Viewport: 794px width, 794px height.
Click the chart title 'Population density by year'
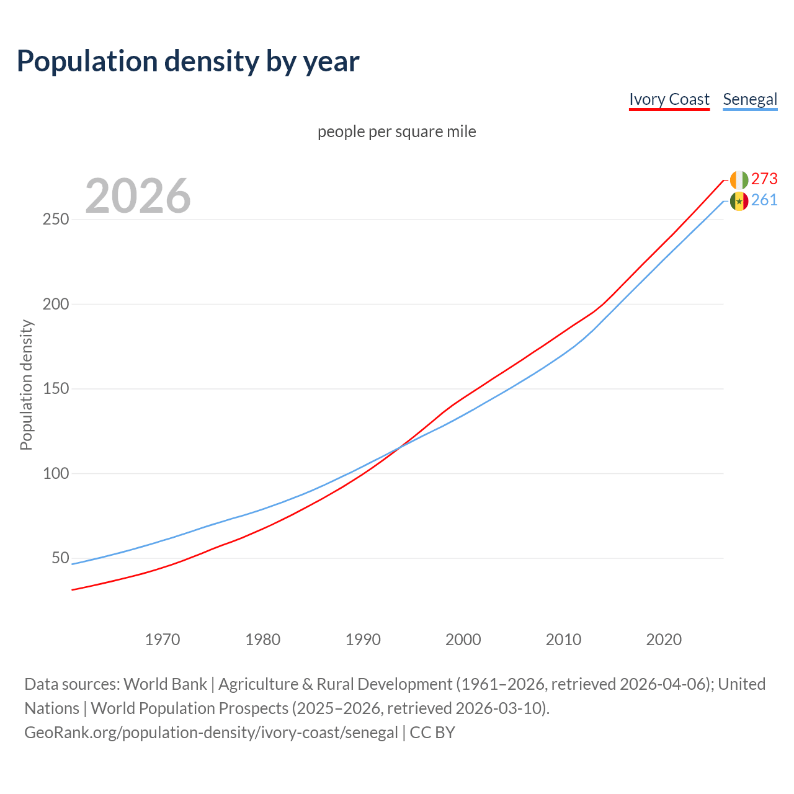pos(188,61)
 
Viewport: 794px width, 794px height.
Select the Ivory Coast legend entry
pos(669,99)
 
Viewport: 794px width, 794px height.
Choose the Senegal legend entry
pos(750,99)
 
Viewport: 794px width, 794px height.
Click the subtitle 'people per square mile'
pos(396,132)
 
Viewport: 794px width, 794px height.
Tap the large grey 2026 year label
pos(138,196)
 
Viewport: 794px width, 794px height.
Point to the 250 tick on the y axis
pos(56,220)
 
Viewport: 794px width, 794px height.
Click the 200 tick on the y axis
pos(56,305)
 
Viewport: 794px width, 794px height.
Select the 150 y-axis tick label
pos(56,389)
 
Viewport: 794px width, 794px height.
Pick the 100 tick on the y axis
pos(56,474)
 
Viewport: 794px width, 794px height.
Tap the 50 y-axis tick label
pos(60,558)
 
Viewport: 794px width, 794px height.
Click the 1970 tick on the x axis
pos(163,640)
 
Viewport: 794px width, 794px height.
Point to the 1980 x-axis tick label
pos(263,640)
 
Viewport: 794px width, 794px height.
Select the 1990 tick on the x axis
pos(363,640)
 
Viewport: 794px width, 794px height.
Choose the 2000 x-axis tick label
pos(463,640)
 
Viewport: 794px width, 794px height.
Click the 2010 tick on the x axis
pos(563,640)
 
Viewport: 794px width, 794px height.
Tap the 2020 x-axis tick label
pos(664,640)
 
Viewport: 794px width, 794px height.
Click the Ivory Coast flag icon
pos(739,180)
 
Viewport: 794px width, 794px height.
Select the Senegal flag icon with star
pos(739,201)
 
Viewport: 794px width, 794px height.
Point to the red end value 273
pos(764,179)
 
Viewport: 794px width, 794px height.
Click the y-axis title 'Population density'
pos(26,385)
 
